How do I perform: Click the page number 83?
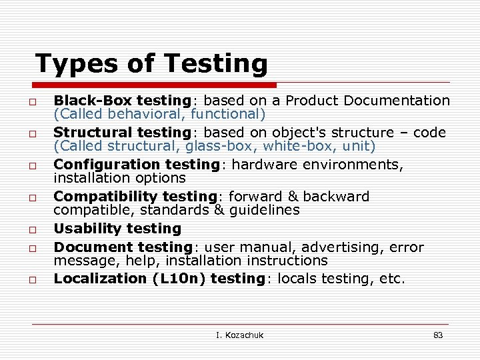pos(438,335)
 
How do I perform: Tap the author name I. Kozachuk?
pos(240,335)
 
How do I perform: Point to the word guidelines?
pos(265,210)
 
